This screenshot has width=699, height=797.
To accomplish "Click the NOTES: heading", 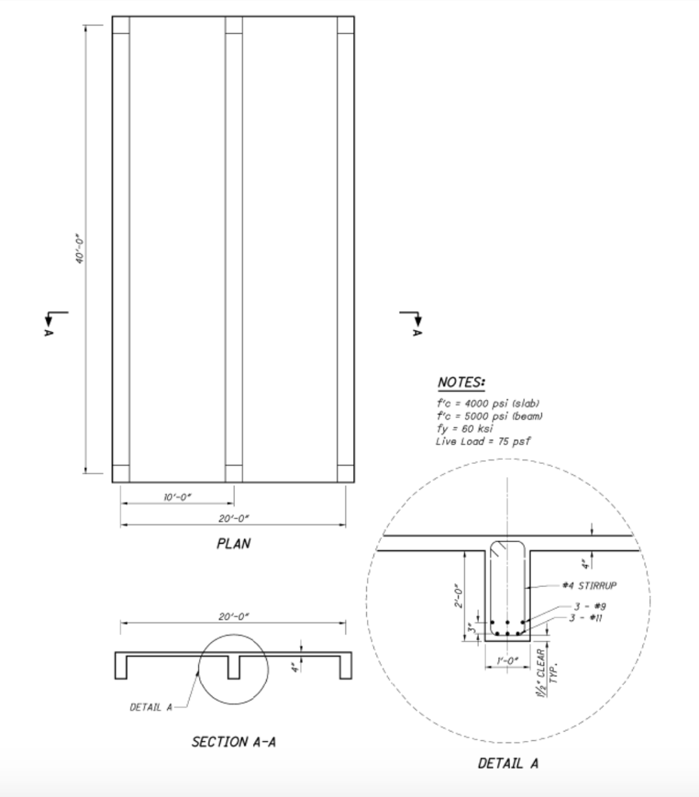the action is coord(461,382).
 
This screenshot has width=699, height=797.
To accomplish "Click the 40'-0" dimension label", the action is coord(80,249).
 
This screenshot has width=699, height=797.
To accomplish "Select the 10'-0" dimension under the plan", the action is coord(177,497).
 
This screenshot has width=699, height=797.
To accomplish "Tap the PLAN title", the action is coord(233,544).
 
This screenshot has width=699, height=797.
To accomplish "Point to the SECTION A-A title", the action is coord(233,742).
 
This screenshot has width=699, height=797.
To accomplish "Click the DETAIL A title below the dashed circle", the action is coord(509,764).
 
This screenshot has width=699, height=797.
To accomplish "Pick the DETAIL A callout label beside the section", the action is coord(152,707).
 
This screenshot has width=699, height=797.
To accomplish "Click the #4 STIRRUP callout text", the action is coord(589,585).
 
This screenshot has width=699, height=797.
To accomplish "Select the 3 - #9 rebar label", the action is coord(590,606).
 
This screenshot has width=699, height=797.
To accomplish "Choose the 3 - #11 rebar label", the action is coord(585,618).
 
